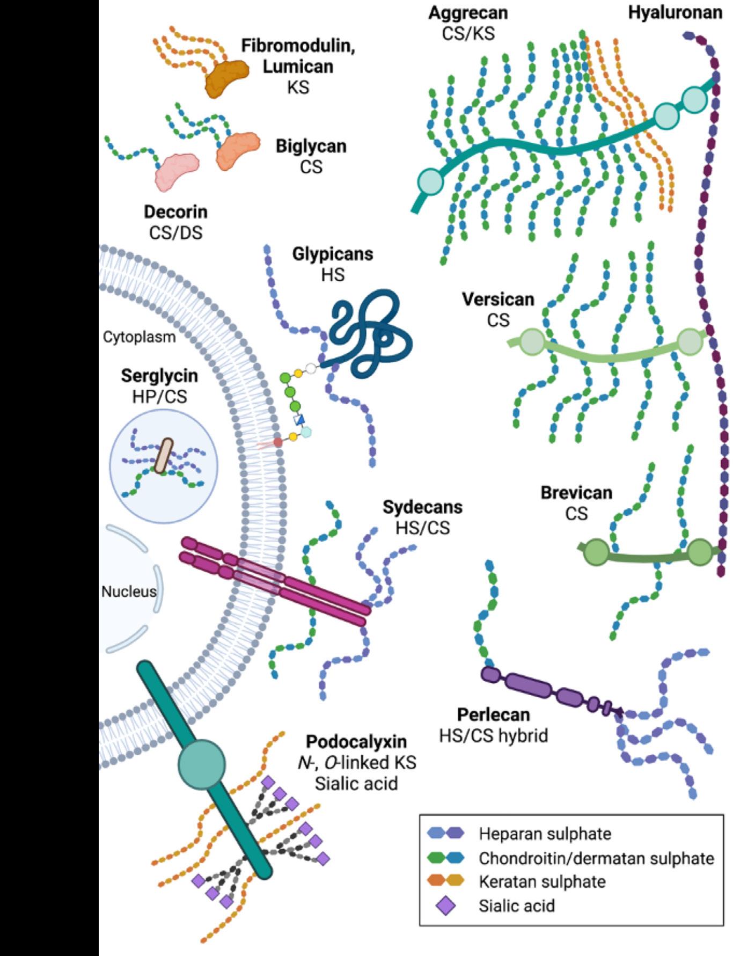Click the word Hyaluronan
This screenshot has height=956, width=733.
675,12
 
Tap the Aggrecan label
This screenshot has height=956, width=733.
468,13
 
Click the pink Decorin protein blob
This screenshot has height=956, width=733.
177,170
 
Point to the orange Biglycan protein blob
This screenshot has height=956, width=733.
238,149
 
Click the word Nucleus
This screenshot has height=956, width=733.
129,591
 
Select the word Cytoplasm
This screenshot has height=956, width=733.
139,337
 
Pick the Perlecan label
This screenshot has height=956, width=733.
493,714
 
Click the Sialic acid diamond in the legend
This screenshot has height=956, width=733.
445,906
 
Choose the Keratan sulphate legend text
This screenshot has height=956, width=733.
542,881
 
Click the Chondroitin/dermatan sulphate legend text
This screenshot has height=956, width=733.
596,858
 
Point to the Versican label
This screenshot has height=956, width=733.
498,299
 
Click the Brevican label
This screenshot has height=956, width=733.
576,492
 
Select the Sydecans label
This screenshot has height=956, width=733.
422,507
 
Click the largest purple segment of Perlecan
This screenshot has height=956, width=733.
529,685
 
